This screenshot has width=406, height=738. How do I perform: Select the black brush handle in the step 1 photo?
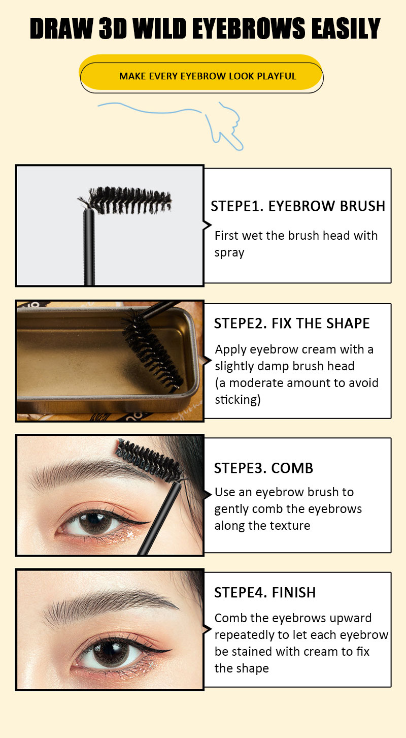(x=89, y=247)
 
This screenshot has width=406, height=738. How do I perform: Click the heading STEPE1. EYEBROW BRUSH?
(x=298, y=206)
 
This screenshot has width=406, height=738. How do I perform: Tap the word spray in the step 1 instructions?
(x=229, y=253)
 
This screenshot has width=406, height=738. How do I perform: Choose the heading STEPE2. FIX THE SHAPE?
(x=292, y=323)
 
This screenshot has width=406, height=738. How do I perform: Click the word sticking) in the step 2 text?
(x=238, y=400)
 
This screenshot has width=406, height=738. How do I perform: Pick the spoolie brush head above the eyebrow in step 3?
(x=150, y=460)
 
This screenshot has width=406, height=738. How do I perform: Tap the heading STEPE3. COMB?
(x=263, y=468)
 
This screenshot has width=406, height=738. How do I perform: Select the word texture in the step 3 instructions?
(x=290, y=526)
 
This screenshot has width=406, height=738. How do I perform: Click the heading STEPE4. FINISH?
(x=265, y=593)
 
